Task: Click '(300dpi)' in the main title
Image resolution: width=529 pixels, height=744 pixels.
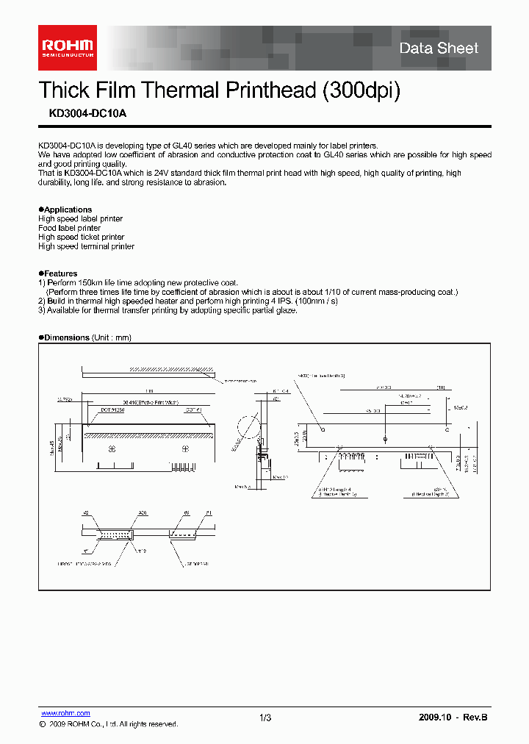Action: [x=361, y=90]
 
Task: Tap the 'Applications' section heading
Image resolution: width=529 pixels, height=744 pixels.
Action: [x=67, y=210]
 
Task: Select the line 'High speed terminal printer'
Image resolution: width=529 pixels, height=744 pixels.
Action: [x=86, y=247]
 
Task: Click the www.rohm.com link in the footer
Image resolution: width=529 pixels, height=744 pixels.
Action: [x=65, y=713]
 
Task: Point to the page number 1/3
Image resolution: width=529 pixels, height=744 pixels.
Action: [x=265, y=718]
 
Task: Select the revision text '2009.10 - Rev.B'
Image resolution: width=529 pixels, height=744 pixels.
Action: [x=453, y=718]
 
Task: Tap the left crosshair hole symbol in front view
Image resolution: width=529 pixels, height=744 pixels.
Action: [x=323, y=428]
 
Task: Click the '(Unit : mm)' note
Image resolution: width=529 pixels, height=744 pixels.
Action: [x=111, y=337]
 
